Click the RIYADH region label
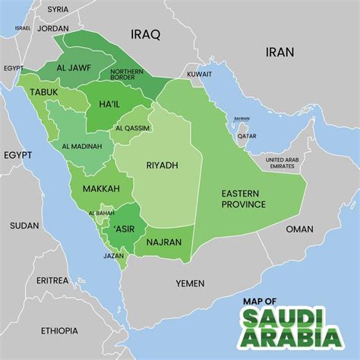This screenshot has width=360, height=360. pos(162,165)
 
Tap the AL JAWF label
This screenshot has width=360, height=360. pos(73,68)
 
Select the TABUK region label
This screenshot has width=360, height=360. pos(44,92)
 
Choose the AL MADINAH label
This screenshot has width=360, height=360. pos(82,146)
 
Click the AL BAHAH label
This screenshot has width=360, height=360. pos(101,213)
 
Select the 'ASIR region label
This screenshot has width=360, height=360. pos(125,228)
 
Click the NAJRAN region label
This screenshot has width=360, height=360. pos(163,242)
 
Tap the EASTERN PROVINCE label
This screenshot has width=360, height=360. pos(243,199)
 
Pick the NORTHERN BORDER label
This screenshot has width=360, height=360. pos(137,74)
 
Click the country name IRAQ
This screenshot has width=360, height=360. pos(147,34)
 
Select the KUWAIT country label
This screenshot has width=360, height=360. pos(199,74)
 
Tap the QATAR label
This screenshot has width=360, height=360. pos(247,136)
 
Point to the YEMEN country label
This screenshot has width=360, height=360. pos(190,283)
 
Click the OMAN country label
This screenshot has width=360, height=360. pos(299,229)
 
